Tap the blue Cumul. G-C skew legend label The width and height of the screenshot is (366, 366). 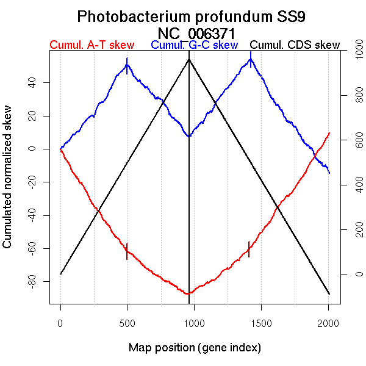tap(194, 45)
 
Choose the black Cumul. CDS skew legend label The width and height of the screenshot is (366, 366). tap(295, 45)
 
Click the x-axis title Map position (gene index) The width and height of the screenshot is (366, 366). tap(195, 348)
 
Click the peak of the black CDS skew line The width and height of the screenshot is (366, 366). tap(189, 59)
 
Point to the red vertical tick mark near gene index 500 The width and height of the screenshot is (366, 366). tap(127, 251)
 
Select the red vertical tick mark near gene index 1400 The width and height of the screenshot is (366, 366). tap(249, 249)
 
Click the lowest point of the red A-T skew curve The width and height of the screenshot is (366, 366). tap(188, 293)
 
